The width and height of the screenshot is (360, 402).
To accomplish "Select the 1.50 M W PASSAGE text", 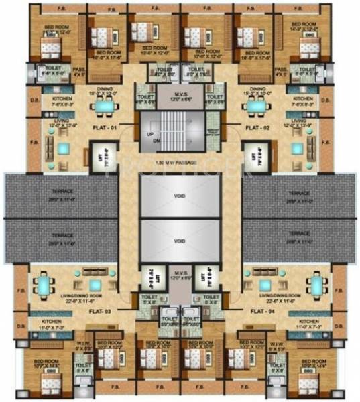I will coord(180,163).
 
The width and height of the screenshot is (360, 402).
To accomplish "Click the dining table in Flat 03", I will coord(43,286).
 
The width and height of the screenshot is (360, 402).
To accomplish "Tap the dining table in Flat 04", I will coord(317,286).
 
